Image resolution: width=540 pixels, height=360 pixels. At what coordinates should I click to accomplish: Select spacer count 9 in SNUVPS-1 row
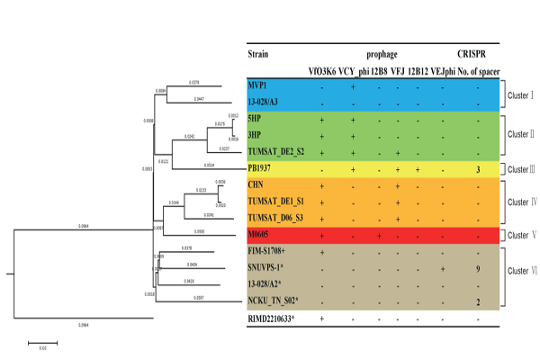pyautogui.click(x=478, y=269)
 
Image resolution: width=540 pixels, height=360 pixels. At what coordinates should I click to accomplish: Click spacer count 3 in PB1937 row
pyautogui.click(x=478, y=169)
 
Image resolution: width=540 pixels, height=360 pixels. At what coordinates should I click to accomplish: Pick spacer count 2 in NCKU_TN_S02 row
pyautogui.click(x=478, y=302)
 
